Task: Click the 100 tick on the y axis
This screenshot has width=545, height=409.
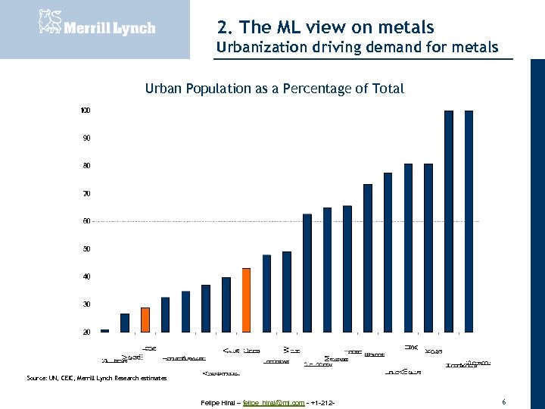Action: coord(86,111)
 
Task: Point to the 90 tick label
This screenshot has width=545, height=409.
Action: coord(86,138)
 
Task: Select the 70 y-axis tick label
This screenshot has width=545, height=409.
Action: coord(86,194)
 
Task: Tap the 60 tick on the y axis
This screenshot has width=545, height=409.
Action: coord(86,221)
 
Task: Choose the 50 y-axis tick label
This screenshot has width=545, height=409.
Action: coord(86,249)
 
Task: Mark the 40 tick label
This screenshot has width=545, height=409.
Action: coord(86,276)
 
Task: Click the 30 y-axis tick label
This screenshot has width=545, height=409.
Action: coord(86,304)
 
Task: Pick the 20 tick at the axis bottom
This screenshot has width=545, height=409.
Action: coord(86,332)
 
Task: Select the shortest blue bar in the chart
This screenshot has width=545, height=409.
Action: coord(104,330)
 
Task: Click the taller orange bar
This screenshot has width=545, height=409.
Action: coord(246,300)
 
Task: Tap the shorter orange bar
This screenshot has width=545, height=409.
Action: coord(145,320)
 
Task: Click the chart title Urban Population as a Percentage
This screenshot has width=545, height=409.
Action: coord(274,89)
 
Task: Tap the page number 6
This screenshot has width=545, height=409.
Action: coord(503,401)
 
